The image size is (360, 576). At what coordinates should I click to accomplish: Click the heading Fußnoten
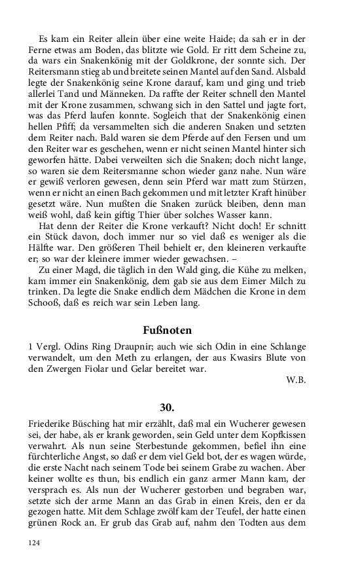(180, 331)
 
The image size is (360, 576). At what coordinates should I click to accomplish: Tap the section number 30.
(180, 406)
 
